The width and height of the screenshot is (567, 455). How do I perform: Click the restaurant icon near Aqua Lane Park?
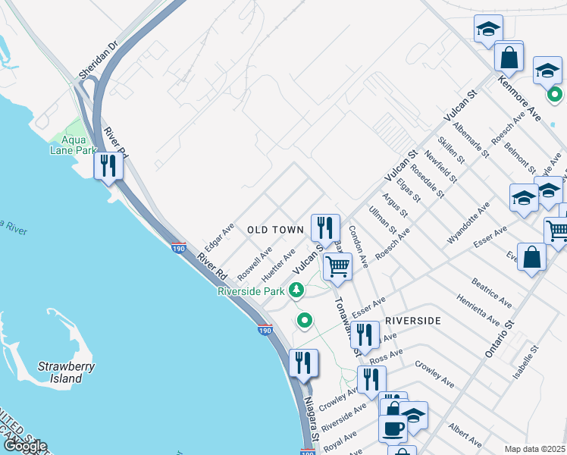[108, 165]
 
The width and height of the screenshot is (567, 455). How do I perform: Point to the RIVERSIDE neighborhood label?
[413, 321]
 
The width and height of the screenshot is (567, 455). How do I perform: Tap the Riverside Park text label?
[250, 291]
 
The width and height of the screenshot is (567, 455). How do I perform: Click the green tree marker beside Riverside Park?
[296, 289]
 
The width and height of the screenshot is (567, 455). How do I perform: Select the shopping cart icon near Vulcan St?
[337, 265]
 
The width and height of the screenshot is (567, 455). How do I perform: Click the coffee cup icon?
[393, 428]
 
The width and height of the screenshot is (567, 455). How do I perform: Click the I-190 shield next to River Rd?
[179, 248]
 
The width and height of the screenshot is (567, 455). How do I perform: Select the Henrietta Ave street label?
[477, 309]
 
